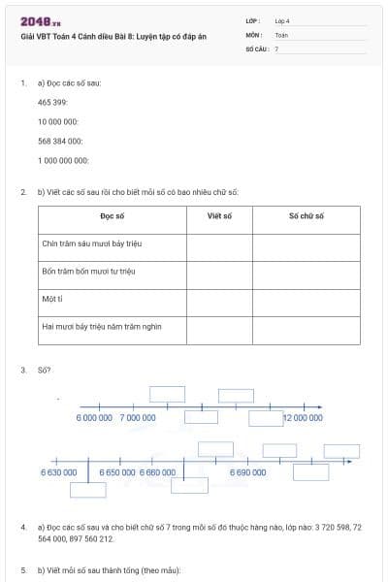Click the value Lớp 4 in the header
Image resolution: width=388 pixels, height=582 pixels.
[282, 20]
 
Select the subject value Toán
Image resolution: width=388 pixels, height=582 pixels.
[281, 34]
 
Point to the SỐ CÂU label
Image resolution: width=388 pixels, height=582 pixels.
[256, 48]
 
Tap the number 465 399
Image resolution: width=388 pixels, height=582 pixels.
[52, 102]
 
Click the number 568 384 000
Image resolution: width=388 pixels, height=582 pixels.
[60, 141]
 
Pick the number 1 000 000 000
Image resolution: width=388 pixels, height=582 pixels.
[63, 160]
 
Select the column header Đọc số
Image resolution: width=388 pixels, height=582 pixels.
[112, 215]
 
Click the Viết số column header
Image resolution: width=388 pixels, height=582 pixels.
[219, 215]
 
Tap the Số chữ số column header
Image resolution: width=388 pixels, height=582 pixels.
[306, 215]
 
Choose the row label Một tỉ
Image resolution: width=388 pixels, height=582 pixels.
[52, 300]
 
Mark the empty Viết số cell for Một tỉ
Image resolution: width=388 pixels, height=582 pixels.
[219, 301]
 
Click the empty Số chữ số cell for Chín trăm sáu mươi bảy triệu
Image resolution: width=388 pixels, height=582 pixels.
[306, 244]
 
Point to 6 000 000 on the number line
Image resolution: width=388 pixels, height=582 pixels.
[94, 417]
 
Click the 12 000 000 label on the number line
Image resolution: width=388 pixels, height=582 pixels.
[303, 417]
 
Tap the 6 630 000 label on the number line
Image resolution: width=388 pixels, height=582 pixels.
[58, 471]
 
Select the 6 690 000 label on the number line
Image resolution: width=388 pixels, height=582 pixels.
[247, 471]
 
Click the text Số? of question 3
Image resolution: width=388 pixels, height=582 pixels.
[45, 371]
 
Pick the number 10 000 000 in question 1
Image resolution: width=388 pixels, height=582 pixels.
[58, 121]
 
